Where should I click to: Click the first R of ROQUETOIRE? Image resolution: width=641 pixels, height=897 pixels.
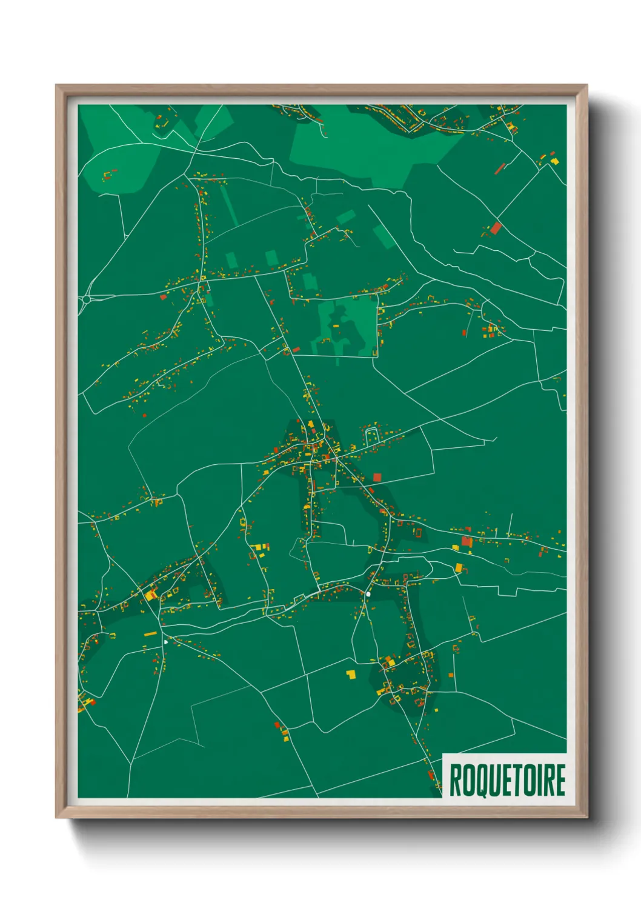454,781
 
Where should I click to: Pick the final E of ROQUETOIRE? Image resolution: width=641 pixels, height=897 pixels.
560,781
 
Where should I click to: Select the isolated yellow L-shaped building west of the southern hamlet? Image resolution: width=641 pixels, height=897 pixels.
351,674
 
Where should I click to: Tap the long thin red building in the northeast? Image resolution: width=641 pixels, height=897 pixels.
500,168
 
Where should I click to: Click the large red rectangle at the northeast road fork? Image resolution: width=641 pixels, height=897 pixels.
496,228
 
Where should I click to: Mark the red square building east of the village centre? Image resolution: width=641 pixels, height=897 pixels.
377,478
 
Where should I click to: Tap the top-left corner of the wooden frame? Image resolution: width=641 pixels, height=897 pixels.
57,86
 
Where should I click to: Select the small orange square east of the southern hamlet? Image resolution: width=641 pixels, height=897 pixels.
451,675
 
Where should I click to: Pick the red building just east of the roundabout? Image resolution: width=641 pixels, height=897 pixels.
163,297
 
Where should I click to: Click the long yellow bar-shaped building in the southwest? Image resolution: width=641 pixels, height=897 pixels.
150,634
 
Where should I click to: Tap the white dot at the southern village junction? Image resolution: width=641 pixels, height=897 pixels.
368,593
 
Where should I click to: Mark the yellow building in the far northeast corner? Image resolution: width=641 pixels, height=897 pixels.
553,161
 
